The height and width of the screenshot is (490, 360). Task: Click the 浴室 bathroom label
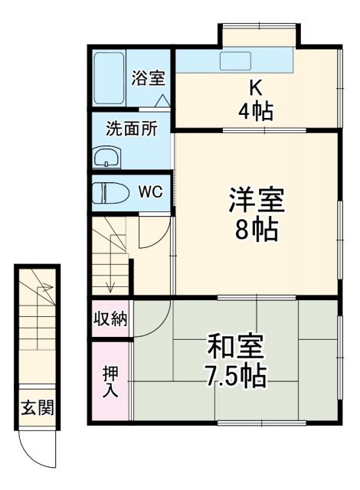(x=148, y=77)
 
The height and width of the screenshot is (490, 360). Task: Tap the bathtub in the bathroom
(x=108, y=79)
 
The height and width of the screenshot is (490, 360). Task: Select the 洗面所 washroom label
(x=133, y=129)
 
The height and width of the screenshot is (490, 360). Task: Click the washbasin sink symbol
(x=106, y=158)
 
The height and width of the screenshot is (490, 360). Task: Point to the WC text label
(x=150, y=191)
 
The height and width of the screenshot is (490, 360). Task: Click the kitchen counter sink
(x=234, y=60)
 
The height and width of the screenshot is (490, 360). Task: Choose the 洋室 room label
(x=256, y=201)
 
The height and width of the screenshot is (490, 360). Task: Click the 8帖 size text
(x=256, y=230)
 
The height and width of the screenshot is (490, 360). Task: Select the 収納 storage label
(x=110, y=318)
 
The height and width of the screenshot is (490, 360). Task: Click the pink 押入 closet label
(x=110, y=379)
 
